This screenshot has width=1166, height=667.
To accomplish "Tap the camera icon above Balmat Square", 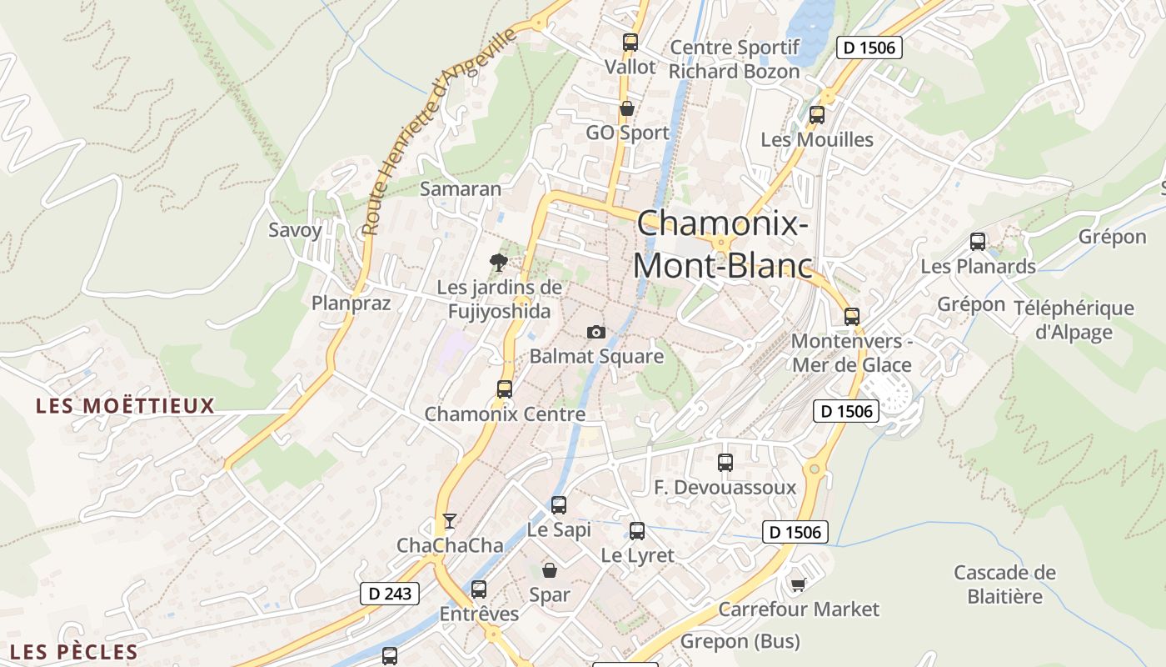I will click(595, 332).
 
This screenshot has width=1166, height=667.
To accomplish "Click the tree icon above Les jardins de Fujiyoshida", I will click(499, 263).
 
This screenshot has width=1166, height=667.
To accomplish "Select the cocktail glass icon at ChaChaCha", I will click(450, 521).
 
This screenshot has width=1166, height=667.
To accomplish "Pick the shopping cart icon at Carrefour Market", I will click(798, 584).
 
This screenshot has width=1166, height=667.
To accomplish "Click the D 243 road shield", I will click(389, 594).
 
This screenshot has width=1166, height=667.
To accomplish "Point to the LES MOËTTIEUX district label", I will click(125, 406).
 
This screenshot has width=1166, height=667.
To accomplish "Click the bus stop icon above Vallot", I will click(630, 42).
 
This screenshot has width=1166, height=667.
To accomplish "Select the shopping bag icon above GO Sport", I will click(627, 108).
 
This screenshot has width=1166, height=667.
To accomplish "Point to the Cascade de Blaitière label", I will click(1004, 584).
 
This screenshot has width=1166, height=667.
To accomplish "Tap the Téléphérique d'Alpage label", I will click(1074, 320).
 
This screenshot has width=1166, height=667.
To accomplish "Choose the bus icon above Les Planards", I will click(978, 242).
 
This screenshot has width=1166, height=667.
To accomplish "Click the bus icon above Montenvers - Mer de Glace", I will click(851, 317).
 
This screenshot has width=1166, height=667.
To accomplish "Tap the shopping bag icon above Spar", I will click(550, 570).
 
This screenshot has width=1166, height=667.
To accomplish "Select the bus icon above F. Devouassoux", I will click(725, 462).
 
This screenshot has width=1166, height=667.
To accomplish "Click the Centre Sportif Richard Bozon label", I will click(734, 59).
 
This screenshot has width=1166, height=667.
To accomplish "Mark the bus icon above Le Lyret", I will click(637, 530).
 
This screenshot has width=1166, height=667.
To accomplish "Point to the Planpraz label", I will click(351, 303).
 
